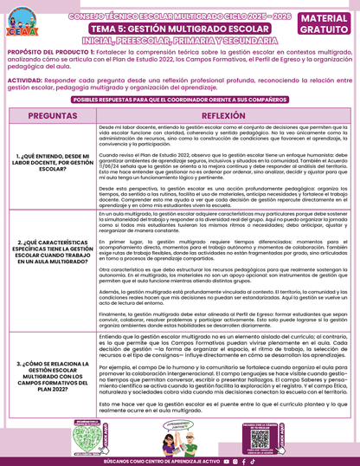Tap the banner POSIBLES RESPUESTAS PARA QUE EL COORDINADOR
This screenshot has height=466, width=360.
179,100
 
